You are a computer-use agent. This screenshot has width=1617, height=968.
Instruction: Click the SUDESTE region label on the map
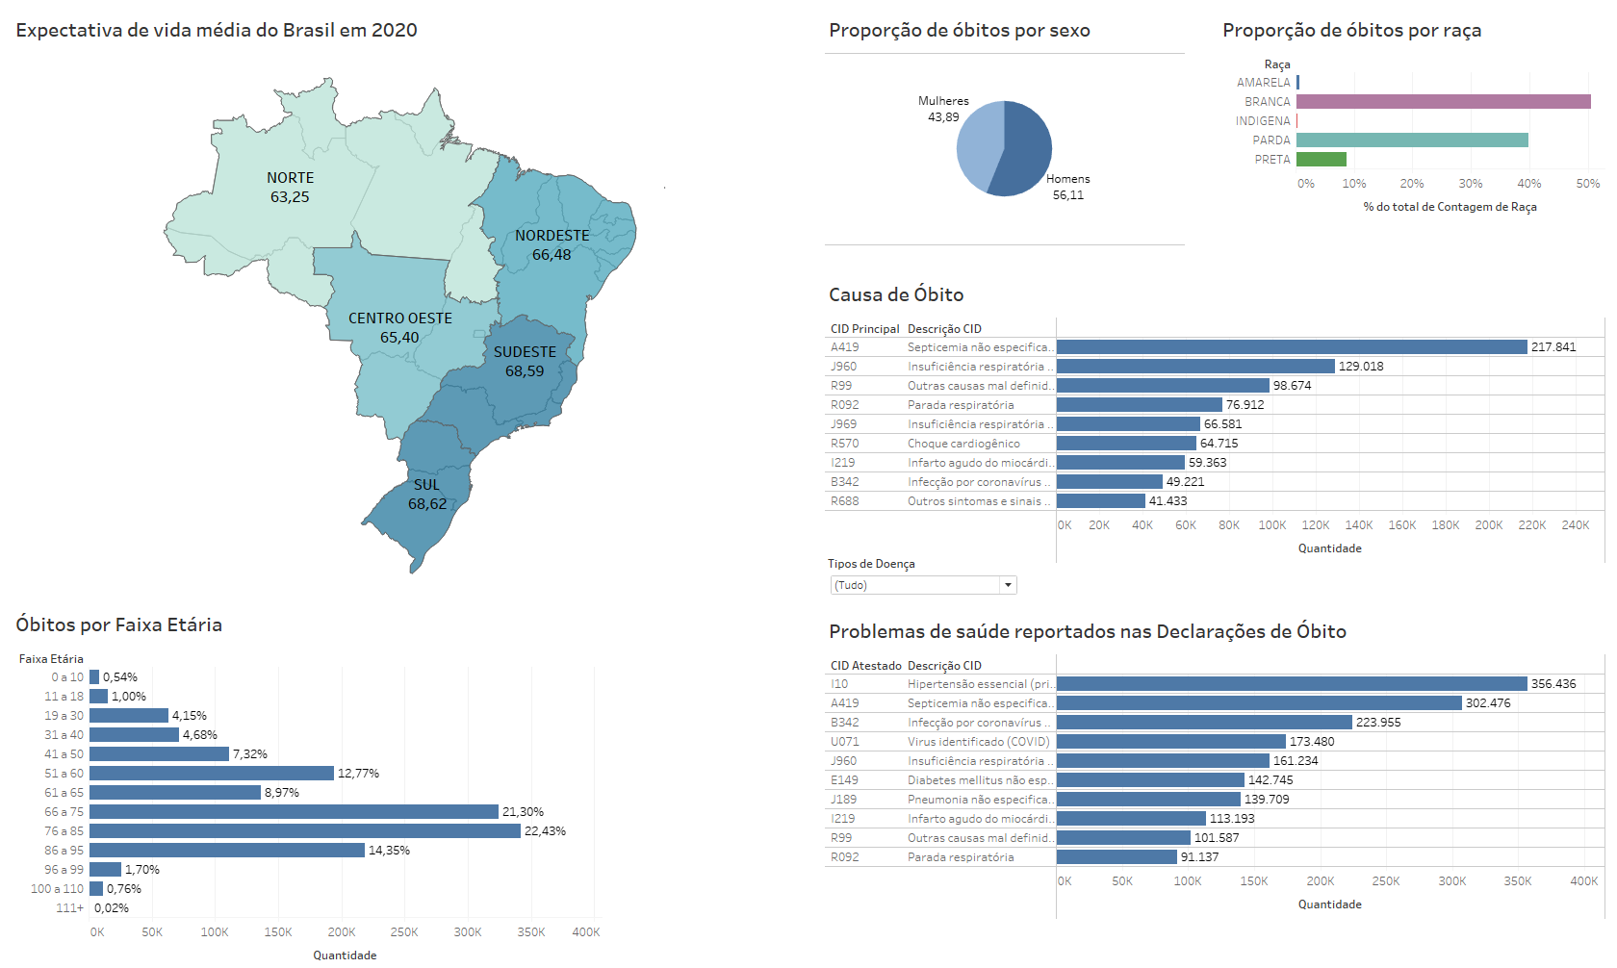(x=525, y=352)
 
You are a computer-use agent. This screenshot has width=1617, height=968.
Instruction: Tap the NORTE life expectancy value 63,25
(x=290, y=197)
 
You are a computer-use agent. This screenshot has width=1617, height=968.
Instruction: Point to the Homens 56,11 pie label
(x=1067, y=187)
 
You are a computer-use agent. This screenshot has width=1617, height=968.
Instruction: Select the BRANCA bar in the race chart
(x=1443, y=102)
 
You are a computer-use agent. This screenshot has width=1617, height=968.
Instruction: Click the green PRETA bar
(x=1321, y=160)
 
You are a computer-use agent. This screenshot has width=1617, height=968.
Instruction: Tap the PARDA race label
(x=1270, y=140)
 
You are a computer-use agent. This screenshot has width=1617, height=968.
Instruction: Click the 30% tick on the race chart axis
(x=1470, y=184)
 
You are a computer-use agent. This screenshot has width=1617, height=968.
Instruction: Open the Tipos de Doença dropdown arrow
(x=1008, y=585)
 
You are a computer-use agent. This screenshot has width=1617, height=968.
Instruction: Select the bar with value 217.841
(x=1291, y=347)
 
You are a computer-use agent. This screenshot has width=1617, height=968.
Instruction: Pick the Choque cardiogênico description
(x=963, y=444)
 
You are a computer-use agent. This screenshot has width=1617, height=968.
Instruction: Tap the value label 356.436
(x=1553, y=684)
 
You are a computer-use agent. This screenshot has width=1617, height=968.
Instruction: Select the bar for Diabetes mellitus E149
(x=1150, y=780)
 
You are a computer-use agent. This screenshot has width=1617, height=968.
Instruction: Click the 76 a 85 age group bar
(x=305, y=831)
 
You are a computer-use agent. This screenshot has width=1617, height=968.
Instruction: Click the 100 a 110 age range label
(x=58, y=889)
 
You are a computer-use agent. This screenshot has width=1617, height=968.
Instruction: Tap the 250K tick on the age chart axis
(x=404, y=932)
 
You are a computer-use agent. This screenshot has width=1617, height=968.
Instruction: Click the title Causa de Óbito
(x=896, y=295)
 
